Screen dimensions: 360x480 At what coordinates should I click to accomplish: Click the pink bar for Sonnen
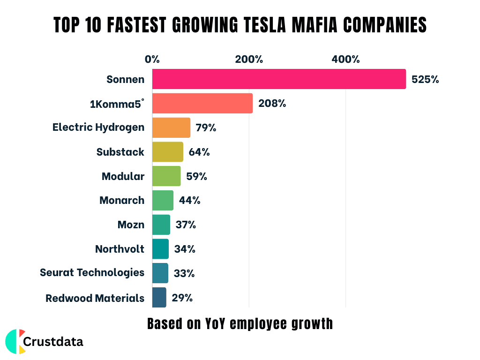279,79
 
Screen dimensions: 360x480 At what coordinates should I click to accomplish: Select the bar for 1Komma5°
202,103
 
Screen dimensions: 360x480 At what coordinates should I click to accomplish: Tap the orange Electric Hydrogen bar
171,127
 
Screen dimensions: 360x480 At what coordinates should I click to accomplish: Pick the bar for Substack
168,152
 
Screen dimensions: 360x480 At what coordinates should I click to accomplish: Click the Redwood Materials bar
159,298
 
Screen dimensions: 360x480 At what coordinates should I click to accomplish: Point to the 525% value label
425,79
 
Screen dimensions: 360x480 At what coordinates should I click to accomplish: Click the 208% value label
272,104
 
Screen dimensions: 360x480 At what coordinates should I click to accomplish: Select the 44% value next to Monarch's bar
189,201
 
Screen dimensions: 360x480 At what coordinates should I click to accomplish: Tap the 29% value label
182,298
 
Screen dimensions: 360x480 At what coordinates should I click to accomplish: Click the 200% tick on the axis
249,60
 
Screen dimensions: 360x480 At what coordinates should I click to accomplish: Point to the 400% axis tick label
345,60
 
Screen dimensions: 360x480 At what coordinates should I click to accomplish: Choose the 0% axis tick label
152,60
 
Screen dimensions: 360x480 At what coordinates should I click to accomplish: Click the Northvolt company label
120,249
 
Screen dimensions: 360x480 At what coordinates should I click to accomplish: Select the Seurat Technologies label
92,272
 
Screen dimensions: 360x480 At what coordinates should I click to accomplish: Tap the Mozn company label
131,225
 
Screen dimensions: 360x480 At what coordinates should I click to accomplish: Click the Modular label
123,176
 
